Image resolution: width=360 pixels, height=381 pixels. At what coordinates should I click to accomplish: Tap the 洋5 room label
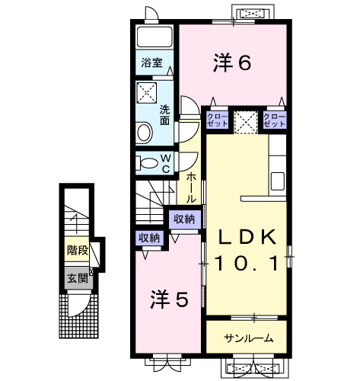coord(168,299)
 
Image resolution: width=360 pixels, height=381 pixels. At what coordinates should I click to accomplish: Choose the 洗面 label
coord(164,114)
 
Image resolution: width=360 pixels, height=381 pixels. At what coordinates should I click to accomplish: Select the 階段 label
coord(77,249)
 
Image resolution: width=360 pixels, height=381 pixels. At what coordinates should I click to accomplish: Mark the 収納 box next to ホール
coord(183,219)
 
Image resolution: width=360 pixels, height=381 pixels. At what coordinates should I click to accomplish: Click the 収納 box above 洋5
coord(150,238)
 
